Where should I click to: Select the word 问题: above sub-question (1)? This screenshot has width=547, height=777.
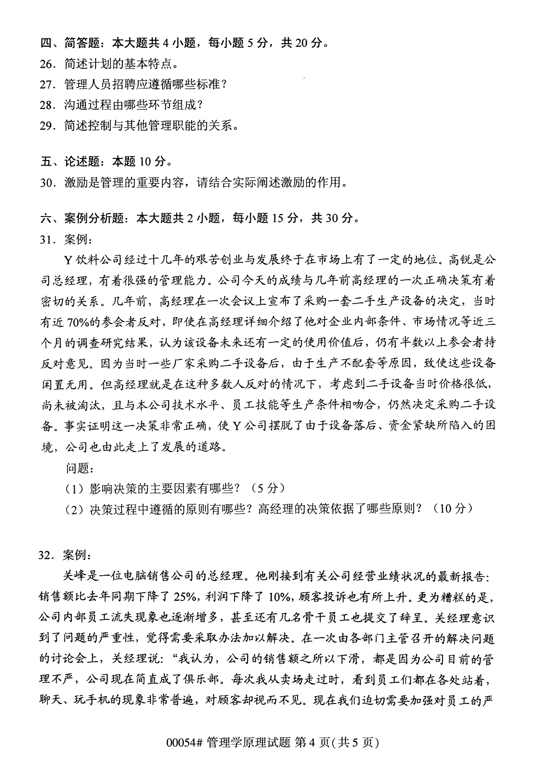pos(79,468)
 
